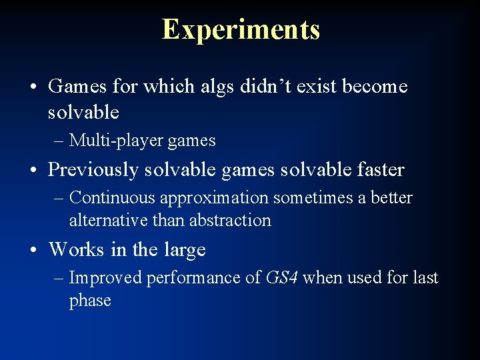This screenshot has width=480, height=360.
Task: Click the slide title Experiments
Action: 241,30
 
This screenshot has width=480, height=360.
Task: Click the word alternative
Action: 108,220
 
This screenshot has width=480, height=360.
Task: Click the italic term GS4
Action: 281,277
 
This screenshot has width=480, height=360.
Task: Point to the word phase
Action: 90,301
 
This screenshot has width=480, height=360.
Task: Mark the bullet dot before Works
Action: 33,251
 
